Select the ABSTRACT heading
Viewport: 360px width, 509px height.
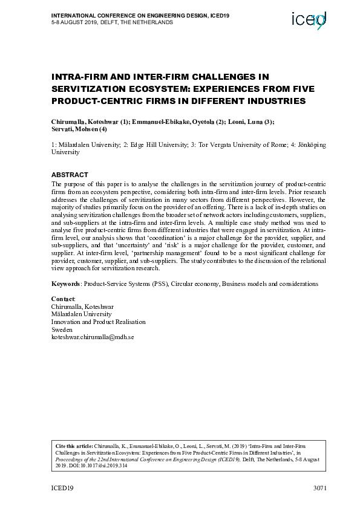pyautogui.click(x=70, y=175)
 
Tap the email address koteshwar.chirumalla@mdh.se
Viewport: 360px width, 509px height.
pyautogui.click(x=92, y=338)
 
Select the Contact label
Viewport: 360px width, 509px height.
pyautogui.click(x=64, y=299)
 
